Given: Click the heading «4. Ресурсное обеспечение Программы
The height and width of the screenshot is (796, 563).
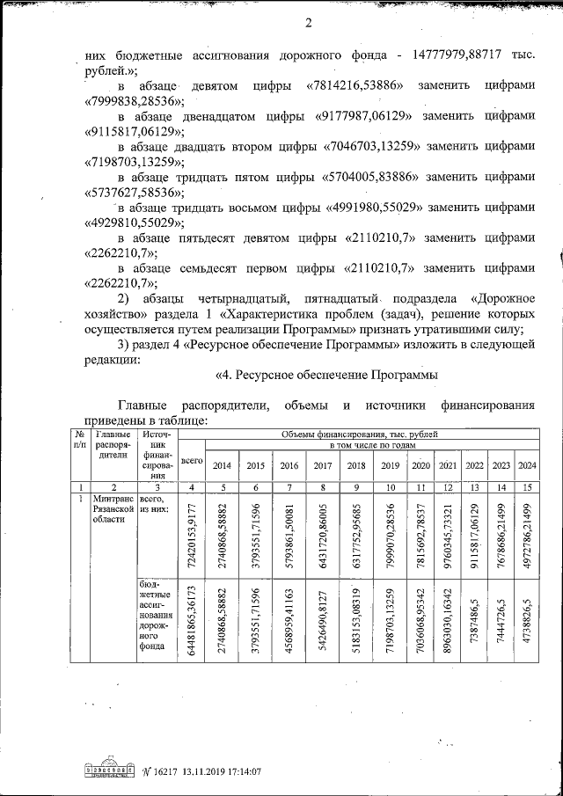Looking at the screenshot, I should pos(326,376).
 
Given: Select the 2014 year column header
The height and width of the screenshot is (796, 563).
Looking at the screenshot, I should pos(223,465).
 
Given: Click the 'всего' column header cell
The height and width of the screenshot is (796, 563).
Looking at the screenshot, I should pos(192,460).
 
